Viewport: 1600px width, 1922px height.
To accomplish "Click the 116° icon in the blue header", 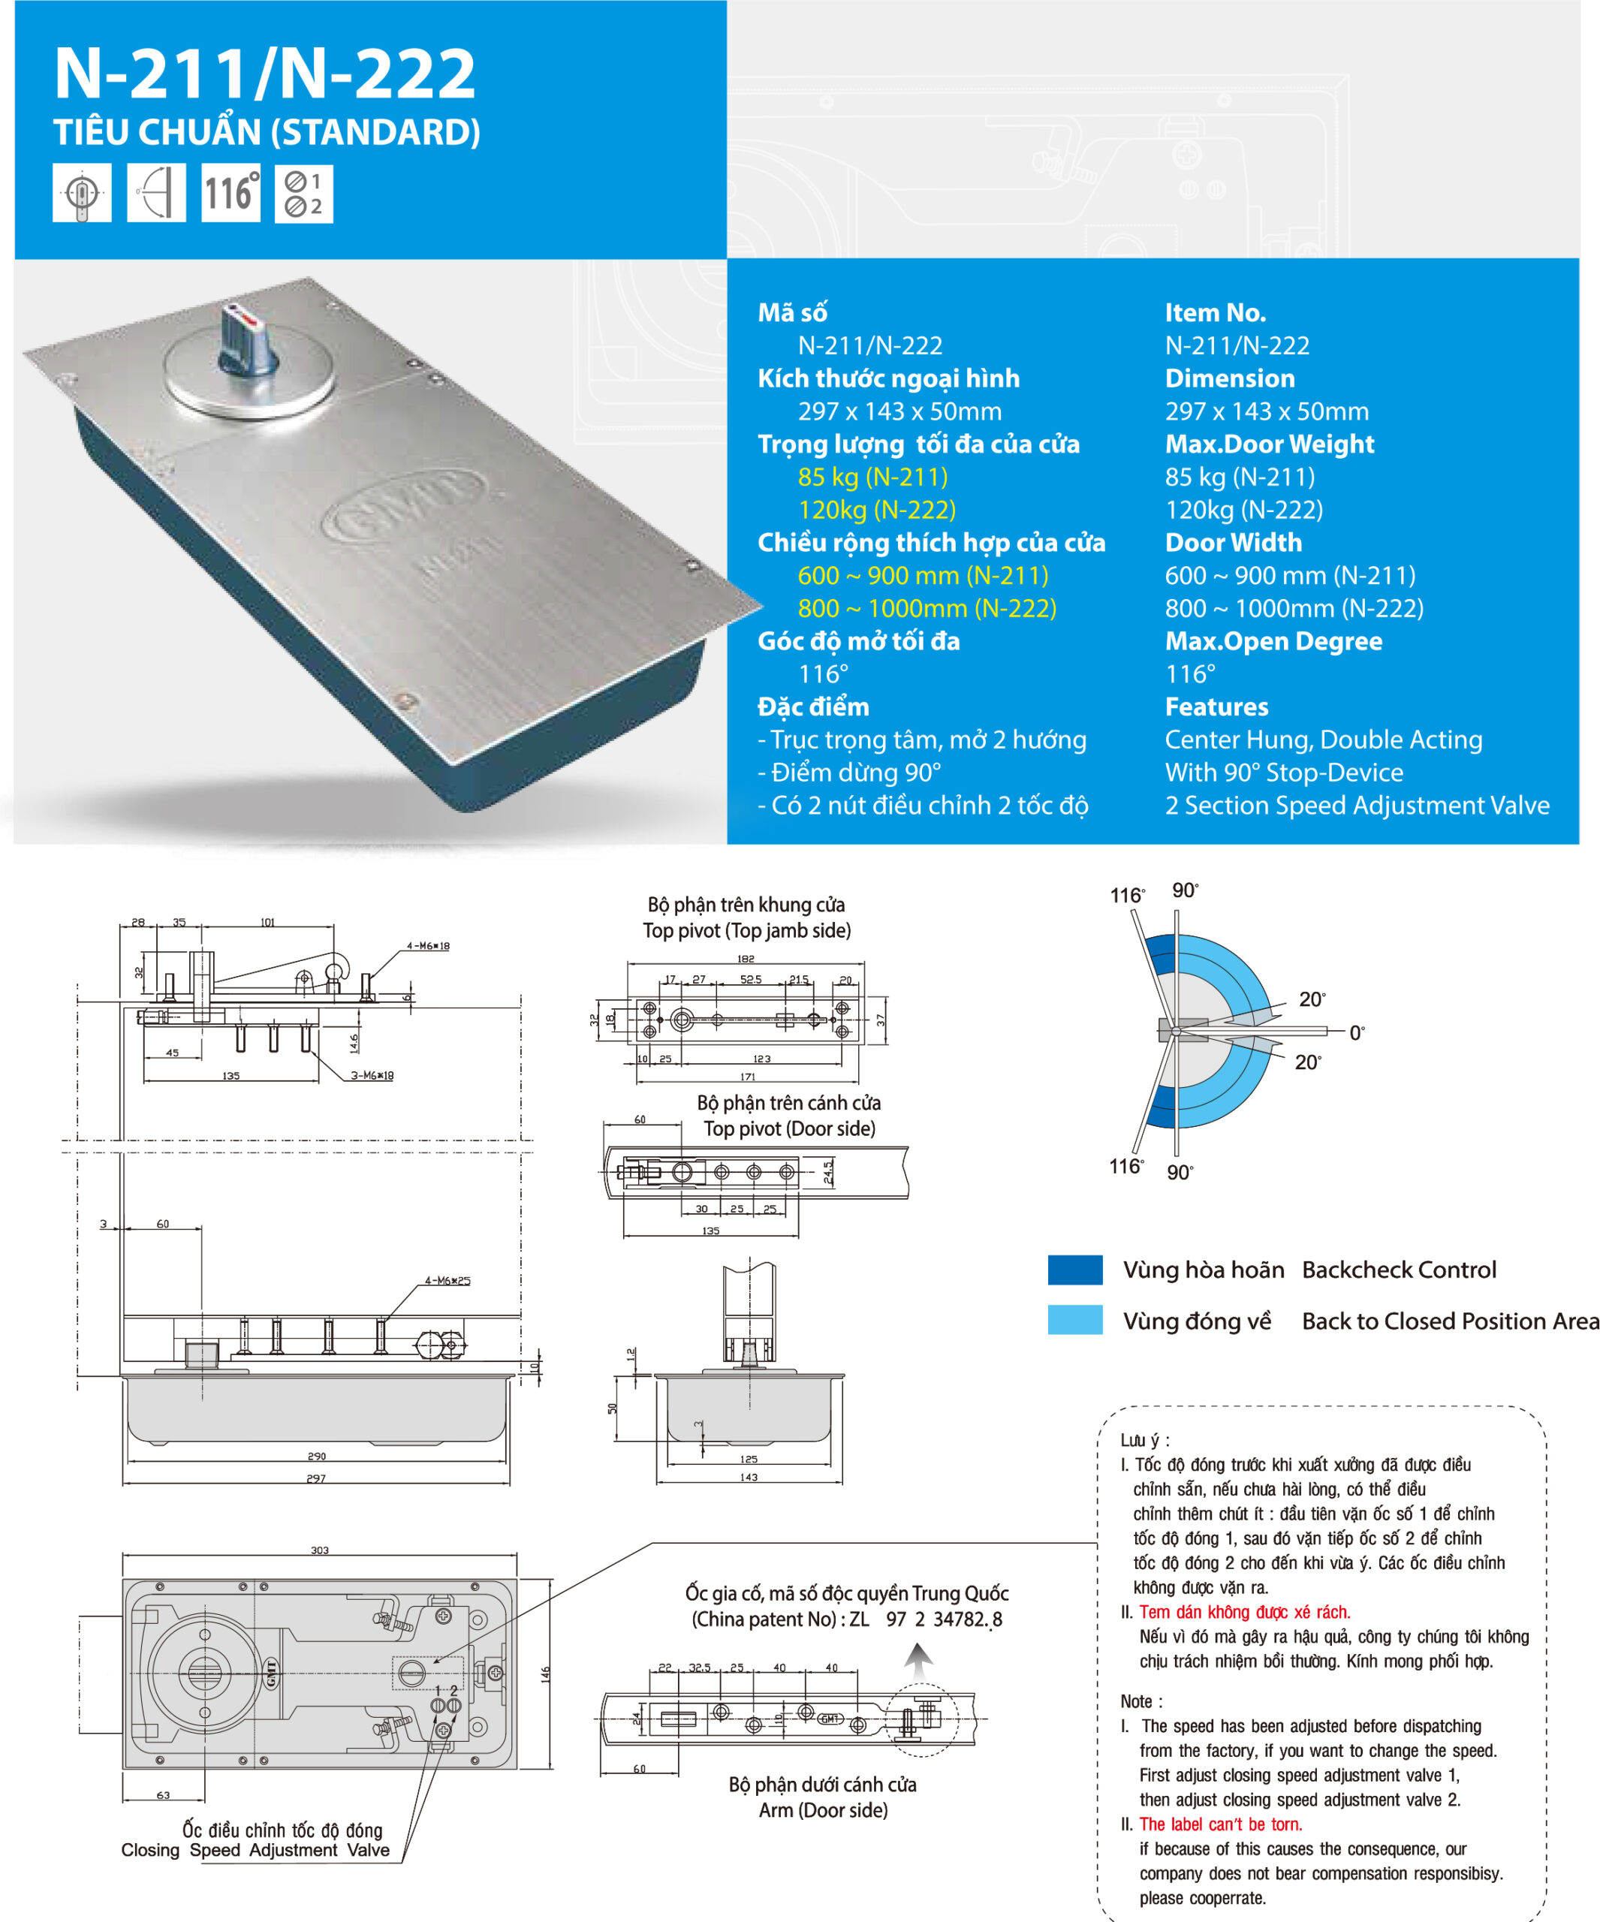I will pyautogui.click(x=231, y=193).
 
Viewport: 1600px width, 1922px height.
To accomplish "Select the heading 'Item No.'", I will pyautogui.click(x=1215, y=313).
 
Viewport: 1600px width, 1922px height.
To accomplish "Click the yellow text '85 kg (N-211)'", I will pyautogui.click(x=872, y=477).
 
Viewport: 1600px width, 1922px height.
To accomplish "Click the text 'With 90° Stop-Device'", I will pyautogui.click(x=1283, y=773).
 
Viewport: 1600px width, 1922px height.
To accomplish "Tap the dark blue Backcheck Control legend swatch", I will pyautogui.click(x=1074, y=1270).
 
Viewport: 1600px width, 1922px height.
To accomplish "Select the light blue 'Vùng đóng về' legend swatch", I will pyautogui.click(x=1074, y=1320).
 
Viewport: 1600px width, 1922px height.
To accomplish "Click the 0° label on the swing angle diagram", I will pyautogui.click(x=1357, y=1032).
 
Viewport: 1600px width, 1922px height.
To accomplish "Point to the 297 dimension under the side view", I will pyautogui.click(x=316, y=1478).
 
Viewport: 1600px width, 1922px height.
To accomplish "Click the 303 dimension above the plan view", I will pyautogui.click(x=319, y=1550).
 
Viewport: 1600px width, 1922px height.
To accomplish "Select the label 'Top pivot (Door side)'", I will pyautogui.click(x=789, y=1128).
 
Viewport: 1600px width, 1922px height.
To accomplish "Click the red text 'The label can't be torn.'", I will pyautogui.click(x=1220, y=1824).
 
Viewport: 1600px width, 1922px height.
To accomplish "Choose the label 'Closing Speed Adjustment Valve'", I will pyautogui.click(x=255, y=1850).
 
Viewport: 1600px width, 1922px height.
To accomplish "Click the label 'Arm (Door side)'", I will pyautogui.click(x=823, y=1809).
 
